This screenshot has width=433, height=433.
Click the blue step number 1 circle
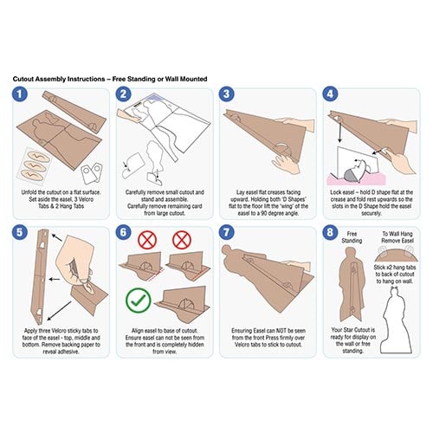click(x=20, y=94)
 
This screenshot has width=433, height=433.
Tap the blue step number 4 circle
click(x=330, y=94)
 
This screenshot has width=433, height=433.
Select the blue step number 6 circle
click(x=123, y=232)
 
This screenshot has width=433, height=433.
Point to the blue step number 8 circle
click(x=330, y=232)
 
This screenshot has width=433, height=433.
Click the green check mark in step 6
click(x=139, y=301)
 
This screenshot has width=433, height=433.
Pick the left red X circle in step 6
click(x=147, y=240)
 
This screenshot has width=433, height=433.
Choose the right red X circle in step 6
click(x=182, y=240)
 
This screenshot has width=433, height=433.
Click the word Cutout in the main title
click(x=23, y=79)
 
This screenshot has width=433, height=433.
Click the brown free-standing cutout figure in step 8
click(x=351, y=286)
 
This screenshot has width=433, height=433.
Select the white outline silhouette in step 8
click(x=396, y=323)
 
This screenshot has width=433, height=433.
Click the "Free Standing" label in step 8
click(x=352, y=237)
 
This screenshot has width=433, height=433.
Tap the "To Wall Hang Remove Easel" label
click(x=397, y=237)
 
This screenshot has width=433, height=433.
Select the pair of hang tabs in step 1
click(x=92, y=173)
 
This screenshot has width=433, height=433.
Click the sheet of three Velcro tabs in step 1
click(x=35, y=165)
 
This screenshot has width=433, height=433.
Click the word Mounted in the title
click(x=193, y=79)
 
